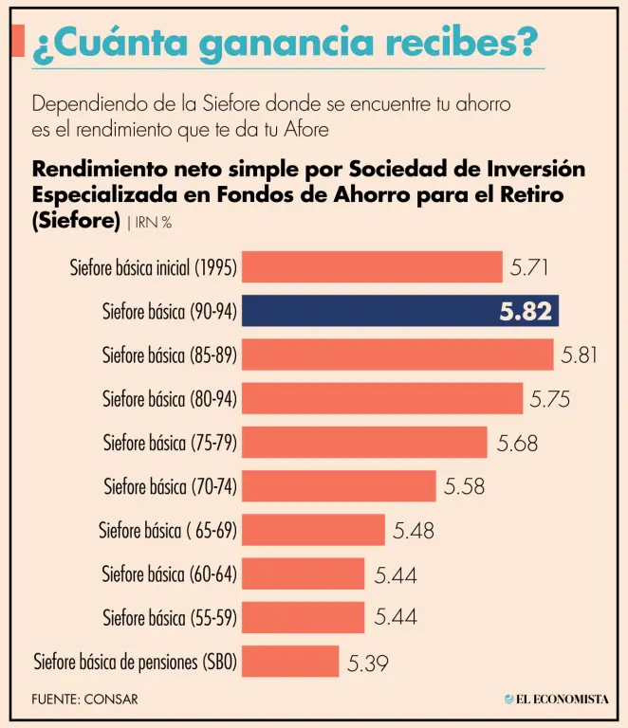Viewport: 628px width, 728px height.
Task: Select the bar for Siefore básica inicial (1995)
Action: point(372,267)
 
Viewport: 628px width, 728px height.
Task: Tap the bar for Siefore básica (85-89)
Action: point(397,355)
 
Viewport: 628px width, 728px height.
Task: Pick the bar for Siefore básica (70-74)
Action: point(339,486)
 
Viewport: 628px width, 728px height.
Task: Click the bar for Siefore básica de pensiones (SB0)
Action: point(290,662)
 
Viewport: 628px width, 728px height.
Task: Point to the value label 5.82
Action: point(526,312)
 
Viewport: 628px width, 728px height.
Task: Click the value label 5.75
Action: point(549,399)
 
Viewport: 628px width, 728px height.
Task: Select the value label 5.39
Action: point(368,663)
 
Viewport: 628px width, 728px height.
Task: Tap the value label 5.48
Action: point(414,531)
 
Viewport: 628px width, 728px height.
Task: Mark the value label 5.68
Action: point(518,443)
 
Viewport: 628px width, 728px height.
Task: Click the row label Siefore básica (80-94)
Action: point(169,399)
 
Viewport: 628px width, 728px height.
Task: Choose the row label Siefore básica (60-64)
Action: point(169,574)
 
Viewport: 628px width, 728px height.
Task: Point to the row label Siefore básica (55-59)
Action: point(169,618)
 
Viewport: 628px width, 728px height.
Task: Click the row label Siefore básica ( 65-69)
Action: point(167,531)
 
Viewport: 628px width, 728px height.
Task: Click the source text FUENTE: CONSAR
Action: point(84,700)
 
